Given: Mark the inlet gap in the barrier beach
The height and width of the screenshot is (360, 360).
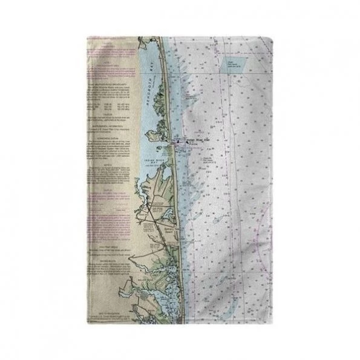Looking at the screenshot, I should coord(175,144).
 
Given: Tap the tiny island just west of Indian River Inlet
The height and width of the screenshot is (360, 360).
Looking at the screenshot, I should coord(168,145).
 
